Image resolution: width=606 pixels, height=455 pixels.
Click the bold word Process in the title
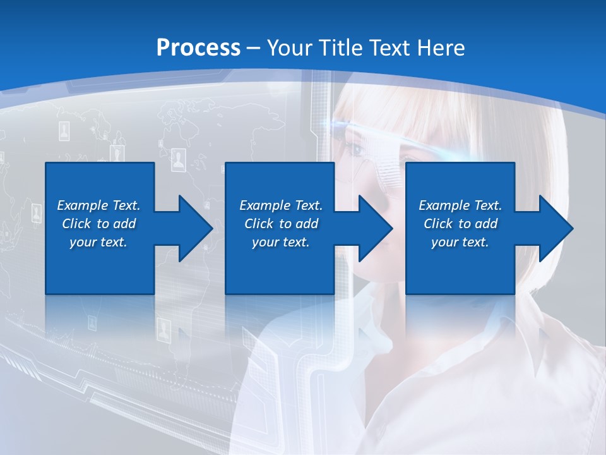tap(198, 47)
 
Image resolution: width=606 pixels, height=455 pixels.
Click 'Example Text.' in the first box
tap(98, 205)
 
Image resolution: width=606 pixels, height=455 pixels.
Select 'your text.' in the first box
tap(98, 242)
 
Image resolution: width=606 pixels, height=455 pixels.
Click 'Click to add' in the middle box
tap(281, 224)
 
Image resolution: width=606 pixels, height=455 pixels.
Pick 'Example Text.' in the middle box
tap(281, 205)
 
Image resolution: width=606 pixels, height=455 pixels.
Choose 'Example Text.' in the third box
tap(460, 205)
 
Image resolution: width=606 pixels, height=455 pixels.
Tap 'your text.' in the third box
tap(460, 242)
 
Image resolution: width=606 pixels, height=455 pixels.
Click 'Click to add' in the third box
tap(460, 224)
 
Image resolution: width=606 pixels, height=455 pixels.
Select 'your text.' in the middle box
tap(281, 242)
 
